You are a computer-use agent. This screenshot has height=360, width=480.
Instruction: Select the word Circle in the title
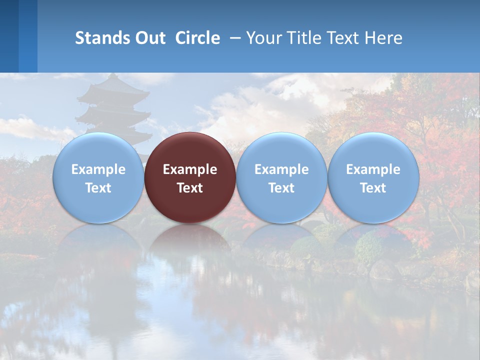[x=197, y=38]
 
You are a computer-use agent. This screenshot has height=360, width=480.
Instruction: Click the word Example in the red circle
[x=190, y=169]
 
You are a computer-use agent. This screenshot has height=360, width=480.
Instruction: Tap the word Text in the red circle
[x=190, y=188]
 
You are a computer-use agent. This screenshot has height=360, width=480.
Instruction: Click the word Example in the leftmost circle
[x=98, y=169]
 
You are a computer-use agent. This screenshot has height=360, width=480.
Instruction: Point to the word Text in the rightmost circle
[x=373, y=188]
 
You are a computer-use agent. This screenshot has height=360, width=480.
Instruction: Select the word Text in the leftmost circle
[x=98, y=188]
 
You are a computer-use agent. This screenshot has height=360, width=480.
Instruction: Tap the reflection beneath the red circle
[x=190, y=242]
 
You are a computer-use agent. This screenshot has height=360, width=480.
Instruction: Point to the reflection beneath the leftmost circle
[x=98, y=242]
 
